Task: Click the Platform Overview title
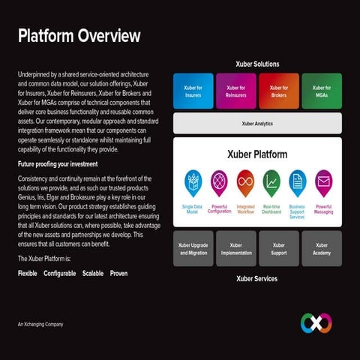coord(79,36)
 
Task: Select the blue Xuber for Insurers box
coord(193,91)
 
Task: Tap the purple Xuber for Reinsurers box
coord(235,91)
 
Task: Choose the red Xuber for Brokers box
coord(278,91)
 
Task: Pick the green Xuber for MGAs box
coord(322,91)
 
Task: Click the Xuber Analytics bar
coord(257,123)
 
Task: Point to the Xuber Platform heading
coord(257,154)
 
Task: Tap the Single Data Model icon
coord(193,183)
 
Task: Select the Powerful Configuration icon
coord(219,183)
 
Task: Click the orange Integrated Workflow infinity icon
coord(245,183)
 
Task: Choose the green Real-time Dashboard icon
coord(271,183)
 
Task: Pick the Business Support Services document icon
coord(298,183)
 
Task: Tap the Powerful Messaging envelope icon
coord(323,183)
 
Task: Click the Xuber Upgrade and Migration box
coord(193,249)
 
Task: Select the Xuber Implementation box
coord(236,249)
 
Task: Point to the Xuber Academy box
coord(322,249)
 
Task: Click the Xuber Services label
coord(256,279)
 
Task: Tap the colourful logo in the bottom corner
coord(316,322)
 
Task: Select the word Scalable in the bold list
coord(93,274)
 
